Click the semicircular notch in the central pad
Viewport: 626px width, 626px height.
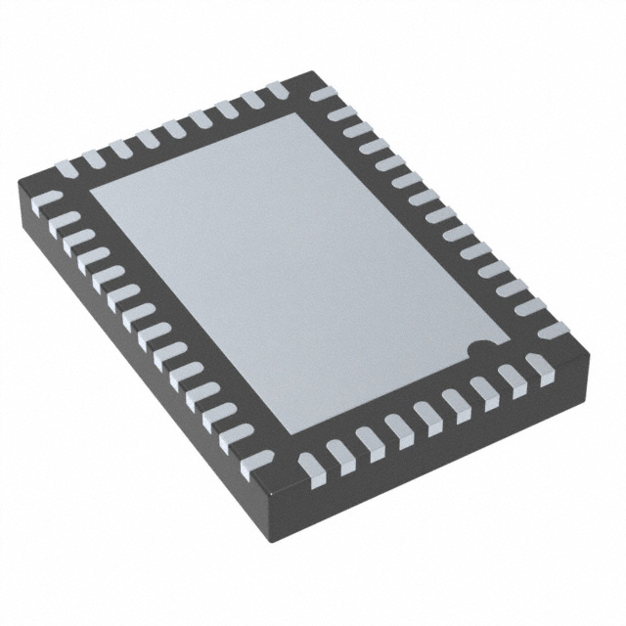pos(477,348)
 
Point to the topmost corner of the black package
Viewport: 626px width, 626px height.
pos(311,72)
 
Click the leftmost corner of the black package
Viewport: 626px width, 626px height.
pos(20,183)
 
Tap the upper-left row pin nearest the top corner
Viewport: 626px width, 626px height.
pos(278,90)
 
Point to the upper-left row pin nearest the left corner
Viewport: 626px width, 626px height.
pos(67,169)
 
